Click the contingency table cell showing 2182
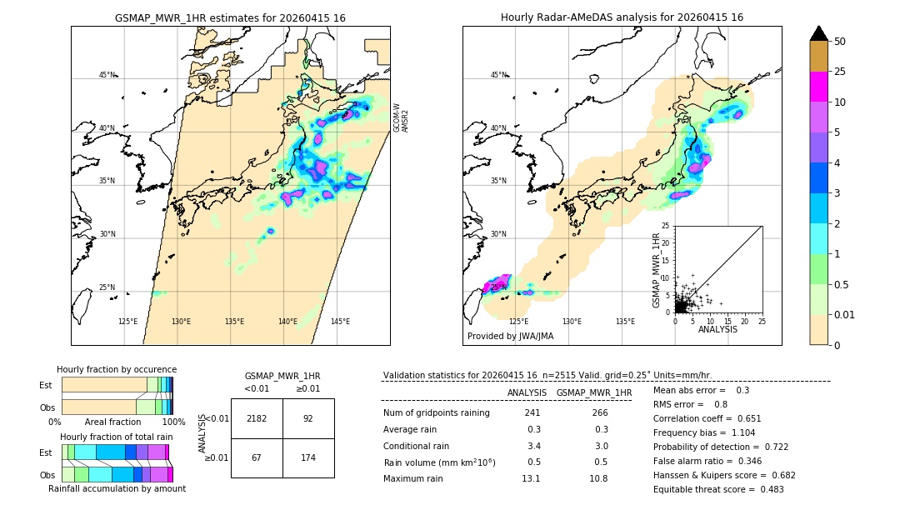point(257,419)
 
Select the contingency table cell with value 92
point(308,419)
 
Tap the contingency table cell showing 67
point(257,458)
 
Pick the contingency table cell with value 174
point(308,458)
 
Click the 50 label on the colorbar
point(840,41)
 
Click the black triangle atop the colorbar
point(819,33)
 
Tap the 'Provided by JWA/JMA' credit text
point(510,336)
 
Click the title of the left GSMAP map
point(230,17)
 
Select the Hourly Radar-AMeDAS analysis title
point(622,17)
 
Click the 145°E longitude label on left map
point(340,322)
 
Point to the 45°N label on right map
point(498,75)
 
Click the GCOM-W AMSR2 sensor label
point(401,117)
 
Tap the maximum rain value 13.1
point(531,478)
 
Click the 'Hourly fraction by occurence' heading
point(117,369)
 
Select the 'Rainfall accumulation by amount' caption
point(117,488)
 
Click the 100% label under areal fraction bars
point(173,422)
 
